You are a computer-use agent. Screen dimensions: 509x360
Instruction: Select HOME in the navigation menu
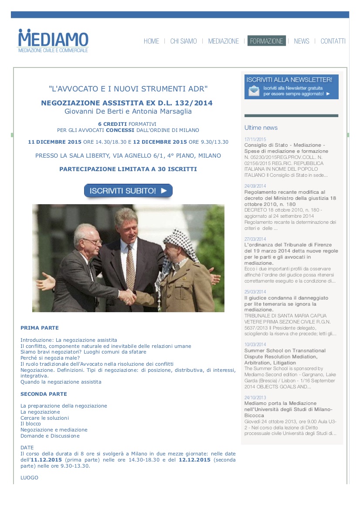[151, 41]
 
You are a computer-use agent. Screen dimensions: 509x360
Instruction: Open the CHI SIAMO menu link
[183, 41]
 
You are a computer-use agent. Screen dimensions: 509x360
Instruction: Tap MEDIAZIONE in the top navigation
[223, 41]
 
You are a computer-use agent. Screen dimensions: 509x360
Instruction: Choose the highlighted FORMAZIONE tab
[266, 41]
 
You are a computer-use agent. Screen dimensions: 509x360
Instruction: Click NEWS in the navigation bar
[302, 41]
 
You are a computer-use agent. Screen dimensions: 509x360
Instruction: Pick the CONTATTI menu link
[333, 41]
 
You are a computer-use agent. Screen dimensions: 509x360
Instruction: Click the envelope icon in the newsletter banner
[254, 91]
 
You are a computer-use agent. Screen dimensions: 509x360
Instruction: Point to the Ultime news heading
[261, 128]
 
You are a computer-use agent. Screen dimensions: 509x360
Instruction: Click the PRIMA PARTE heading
[39, 328]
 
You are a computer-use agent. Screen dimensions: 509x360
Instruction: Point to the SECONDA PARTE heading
[44, 394]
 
